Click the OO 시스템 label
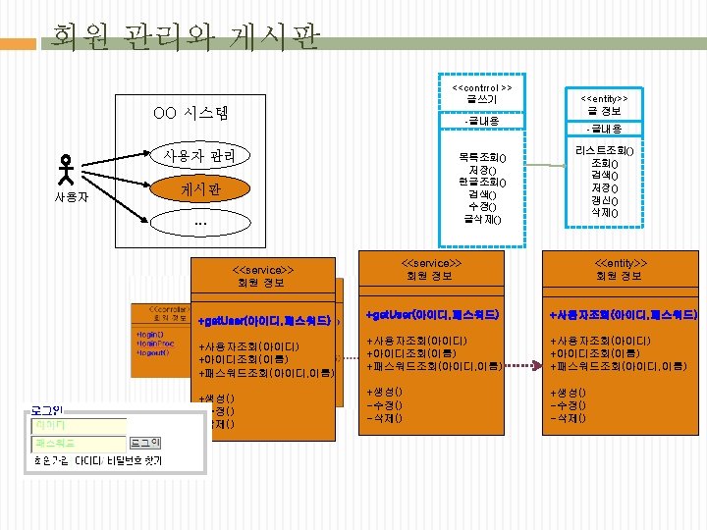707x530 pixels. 190,113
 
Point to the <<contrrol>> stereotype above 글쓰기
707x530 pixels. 481,87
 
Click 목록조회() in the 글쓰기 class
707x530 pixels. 481,158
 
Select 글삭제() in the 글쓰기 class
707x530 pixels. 481,218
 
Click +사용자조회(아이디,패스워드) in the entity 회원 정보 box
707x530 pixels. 623,315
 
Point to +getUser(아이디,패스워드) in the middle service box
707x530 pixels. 433,315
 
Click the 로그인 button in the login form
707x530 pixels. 145,444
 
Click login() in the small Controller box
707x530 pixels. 153,334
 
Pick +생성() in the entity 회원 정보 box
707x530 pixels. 569,393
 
